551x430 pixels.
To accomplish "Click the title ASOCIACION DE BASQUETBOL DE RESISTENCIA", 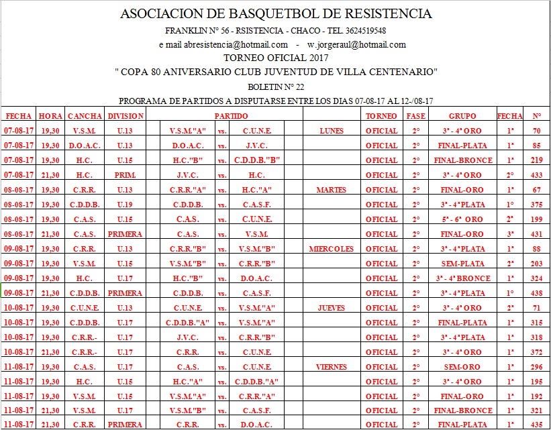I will coord(275,14).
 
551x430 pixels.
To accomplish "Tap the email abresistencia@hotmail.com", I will coord(223,45).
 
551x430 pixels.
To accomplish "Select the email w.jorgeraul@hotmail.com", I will coord(356,45).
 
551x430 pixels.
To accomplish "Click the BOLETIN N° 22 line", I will coord(275,87).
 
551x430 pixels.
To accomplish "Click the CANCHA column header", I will coord(85,116).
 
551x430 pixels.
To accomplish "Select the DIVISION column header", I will coord(126,116).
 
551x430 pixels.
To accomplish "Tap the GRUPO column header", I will coord(462,116).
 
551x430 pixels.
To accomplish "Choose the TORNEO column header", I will coord(381,116).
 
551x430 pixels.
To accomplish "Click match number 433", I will coord(536,175).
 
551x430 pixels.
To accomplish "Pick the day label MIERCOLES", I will coord(331,249).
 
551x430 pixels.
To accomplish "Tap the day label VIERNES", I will coord(331,367).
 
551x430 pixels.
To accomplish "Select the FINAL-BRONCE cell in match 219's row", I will coord(462,160).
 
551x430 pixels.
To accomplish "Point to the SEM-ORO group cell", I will coord(462,367).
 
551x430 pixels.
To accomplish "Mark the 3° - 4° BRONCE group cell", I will coord(462,278).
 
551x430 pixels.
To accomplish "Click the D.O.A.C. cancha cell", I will coord(85,146).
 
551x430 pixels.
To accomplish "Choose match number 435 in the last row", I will coord(536,425).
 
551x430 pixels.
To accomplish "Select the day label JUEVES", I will coord(331,308).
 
